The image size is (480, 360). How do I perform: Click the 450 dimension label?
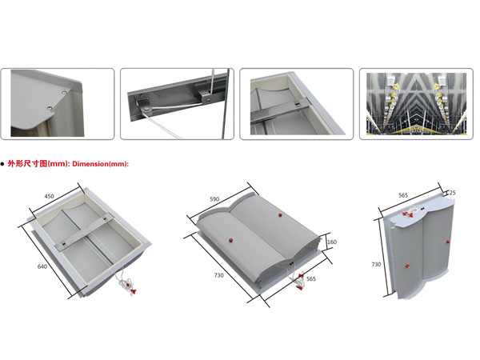(x=50, y=196)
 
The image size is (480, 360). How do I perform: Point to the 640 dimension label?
(x=42, y=266)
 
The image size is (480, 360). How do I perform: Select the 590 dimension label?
(x=214, y=199)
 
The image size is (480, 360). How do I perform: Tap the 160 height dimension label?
(x=332, y=242)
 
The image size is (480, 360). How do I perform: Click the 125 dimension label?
(x=451, y=193)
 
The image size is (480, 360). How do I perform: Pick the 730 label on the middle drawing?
(x=218, y=275)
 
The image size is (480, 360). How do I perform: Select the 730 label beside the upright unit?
(x=376, y=264)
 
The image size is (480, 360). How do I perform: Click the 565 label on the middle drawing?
(x=310, y=278)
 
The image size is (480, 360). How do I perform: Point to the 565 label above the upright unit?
(x=403, y=195)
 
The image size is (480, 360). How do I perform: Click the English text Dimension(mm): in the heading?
(x=101, y=164)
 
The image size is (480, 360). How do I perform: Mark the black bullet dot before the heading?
(x=2, y=164)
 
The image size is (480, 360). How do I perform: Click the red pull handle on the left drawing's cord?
(x=134, y=291)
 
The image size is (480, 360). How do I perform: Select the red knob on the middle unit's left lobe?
(x=230, y=240)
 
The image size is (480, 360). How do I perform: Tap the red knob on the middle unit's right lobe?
(x=280, y=215)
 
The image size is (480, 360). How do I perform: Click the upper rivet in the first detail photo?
(x=64, y=92)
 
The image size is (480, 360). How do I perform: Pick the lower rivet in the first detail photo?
(x=50, y=108)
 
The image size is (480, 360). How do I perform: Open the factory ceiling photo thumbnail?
(x=416, y=104)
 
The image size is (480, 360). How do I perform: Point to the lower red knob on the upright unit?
(x=407, y=266)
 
